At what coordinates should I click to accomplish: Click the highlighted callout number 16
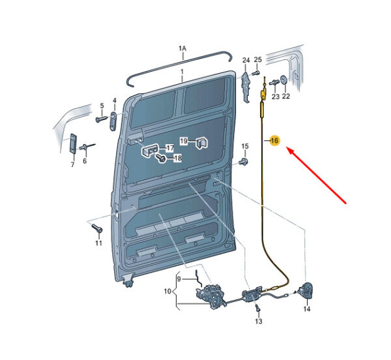274,141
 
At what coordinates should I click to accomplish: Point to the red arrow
316,175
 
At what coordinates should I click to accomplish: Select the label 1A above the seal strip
182,48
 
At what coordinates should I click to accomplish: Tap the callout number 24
246,60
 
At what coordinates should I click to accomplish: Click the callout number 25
258,59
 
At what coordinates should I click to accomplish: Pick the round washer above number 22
284,80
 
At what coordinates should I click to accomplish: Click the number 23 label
275,97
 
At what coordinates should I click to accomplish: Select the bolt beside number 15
244,161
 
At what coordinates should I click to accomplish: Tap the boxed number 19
184,141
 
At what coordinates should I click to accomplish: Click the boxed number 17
170,148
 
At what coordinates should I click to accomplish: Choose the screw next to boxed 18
160,157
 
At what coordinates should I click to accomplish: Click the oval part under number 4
113,121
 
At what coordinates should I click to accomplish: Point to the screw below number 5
101,119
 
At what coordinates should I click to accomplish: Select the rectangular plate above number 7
73,143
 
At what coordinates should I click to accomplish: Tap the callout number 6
85,161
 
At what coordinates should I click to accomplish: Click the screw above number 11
96,228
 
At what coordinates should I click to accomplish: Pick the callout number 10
167,291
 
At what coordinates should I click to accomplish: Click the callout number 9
179,278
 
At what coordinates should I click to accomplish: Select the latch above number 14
306,290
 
